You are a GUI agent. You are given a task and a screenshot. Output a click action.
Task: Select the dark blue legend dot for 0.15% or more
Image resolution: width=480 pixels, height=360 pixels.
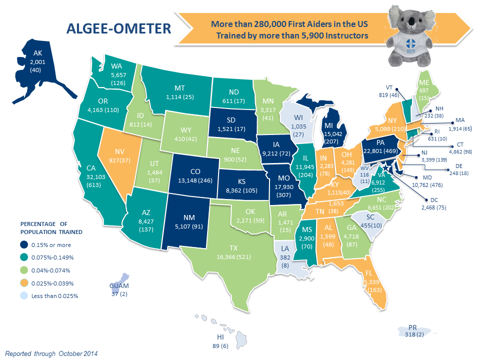click(x=24, y=245)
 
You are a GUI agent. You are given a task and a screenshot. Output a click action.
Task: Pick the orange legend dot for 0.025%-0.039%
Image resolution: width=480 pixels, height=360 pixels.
click(x=24, y=283)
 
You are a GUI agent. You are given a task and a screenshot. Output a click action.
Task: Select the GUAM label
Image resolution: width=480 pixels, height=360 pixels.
click(x=119, y=286)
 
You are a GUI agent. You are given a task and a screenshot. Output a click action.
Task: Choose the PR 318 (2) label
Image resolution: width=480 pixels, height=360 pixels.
click(x=412, y=331)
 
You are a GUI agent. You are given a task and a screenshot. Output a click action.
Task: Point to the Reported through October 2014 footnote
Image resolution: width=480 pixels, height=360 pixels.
click(x=51, y=353)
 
